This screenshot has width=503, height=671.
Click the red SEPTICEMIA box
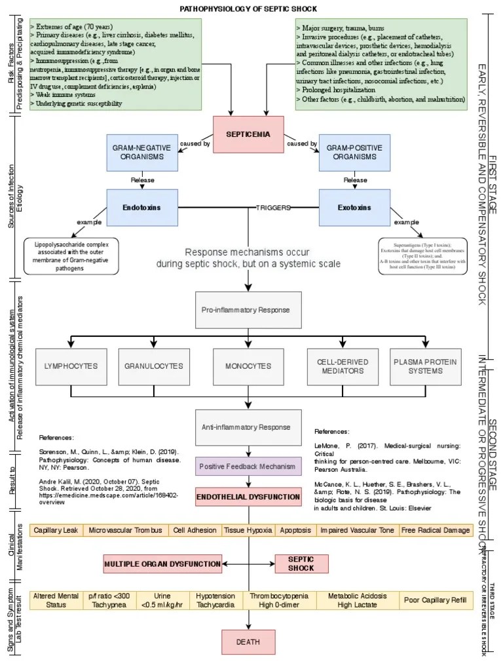(249, 134)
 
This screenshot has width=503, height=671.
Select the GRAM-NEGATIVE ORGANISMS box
(141, 153)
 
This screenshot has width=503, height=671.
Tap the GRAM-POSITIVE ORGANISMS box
(354, 153)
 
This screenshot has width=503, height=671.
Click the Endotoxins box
(141, 207)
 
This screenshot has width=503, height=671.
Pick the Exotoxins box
(354, 207)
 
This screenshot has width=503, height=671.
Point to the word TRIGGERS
(273, 207)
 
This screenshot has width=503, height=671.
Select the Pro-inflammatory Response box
(249, 309)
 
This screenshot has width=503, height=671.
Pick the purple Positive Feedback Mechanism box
(249, 467)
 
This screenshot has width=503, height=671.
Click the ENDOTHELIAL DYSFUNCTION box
(249, 497)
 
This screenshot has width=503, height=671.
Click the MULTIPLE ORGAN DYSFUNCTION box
(162, 563)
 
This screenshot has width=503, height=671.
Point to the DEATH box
(249, 642)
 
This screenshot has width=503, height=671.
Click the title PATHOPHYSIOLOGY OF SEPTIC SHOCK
(249, 9)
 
